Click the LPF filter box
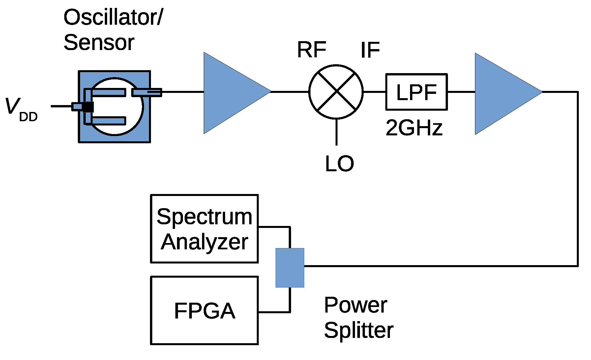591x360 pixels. (x=416, y=92)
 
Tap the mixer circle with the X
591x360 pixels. (x=336, y=92)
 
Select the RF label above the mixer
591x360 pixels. (x=311, y=50)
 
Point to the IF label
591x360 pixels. (x=370, y=50)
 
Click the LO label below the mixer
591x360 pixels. (x=339, y=164)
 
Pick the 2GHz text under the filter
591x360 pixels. (x=414, y=128)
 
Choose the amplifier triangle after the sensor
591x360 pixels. (x=231, y=93)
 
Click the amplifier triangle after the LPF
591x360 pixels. (x=502, y=94)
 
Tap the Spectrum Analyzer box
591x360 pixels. (x=204, y=229)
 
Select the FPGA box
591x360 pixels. (x=204, y=311)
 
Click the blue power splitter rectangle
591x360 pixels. (x=290, y=268)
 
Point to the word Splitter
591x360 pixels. (x=359, y=330)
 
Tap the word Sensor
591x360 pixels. (x=99, y=42)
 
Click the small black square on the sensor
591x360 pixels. (x=88, y=107)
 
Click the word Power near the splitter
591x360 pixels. (x=355, y=305)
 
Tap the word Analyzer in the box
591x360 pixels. (x=204, y=242)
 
